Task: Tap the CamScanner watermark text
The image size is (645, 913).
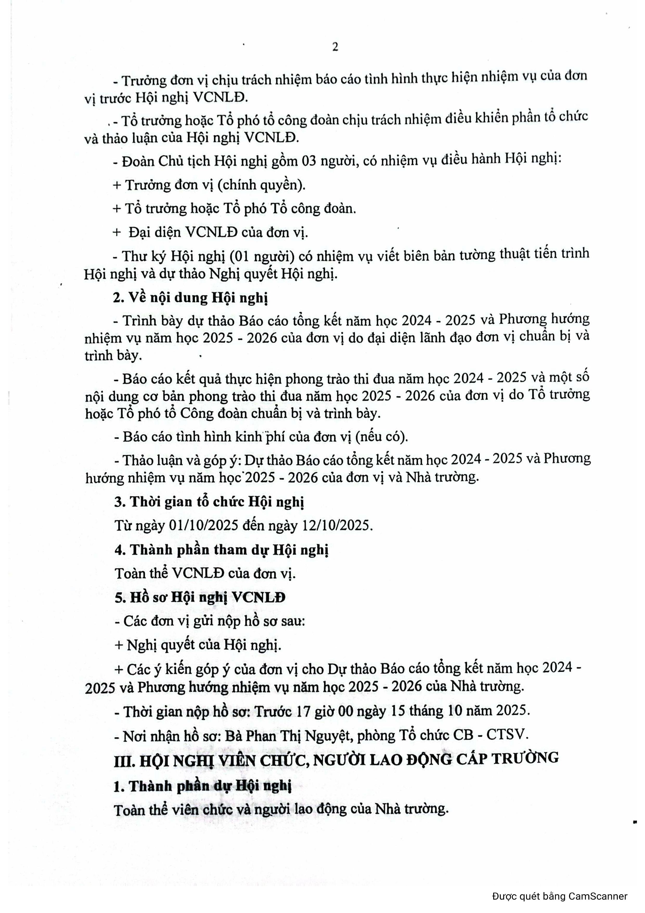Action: [x=559, y=896]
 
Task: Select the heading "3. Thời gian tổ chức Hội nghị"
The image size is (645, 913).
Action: [x=209, y=502]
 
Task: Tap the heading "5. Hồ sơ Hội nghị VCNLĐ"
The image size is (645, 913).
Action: [x=200, y=598]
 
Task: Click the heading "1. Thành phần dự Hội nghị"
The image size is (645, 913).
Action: [x=202, y=786]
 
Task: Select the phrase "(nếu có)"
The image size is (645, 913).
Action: [x=382, y=437]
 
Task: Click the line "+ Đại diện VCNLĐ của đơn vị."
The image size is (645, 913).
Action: [x=211, y=232]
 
